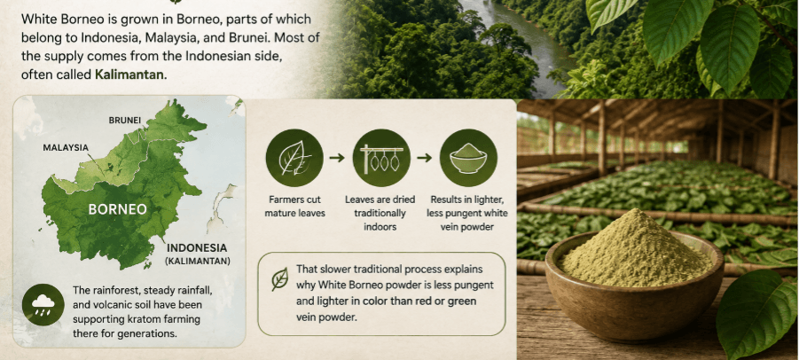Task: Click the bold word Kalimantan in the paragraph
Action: tap(130, 74)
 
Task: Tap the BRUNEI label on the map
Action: tap(125, 121)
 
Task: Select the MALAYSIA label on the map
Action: tap(66, 148)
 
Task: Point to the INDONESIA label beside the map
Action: tap(197, 248)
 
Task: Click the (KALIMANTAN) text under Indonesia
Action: tap(197, 262)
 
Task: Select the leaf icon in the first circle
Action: tap(294, 158)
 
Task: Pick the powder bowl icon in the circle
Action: tap(468, 158)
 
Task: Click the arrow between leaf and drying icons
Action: tap(337, 158)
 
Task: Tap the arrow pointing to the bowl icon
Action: tap(425, 158)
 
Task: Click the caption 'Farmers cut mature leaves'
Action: tap(294, 207)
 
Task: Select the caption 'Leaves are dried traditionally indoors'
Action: tap(380, 213)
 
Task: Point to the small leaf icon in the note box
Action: tap(279, 279)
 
